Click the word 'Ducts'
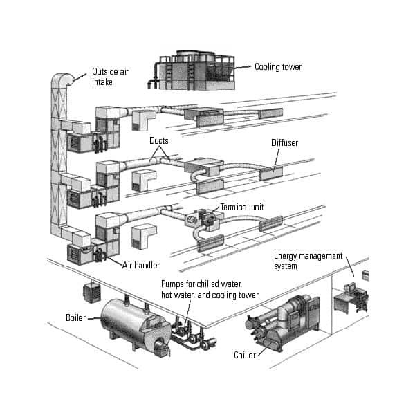(159, 140)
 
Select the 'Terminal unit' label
(243, 207)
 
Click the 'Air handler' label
(141, 264)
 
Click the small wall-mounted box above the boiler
(89, 290)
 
